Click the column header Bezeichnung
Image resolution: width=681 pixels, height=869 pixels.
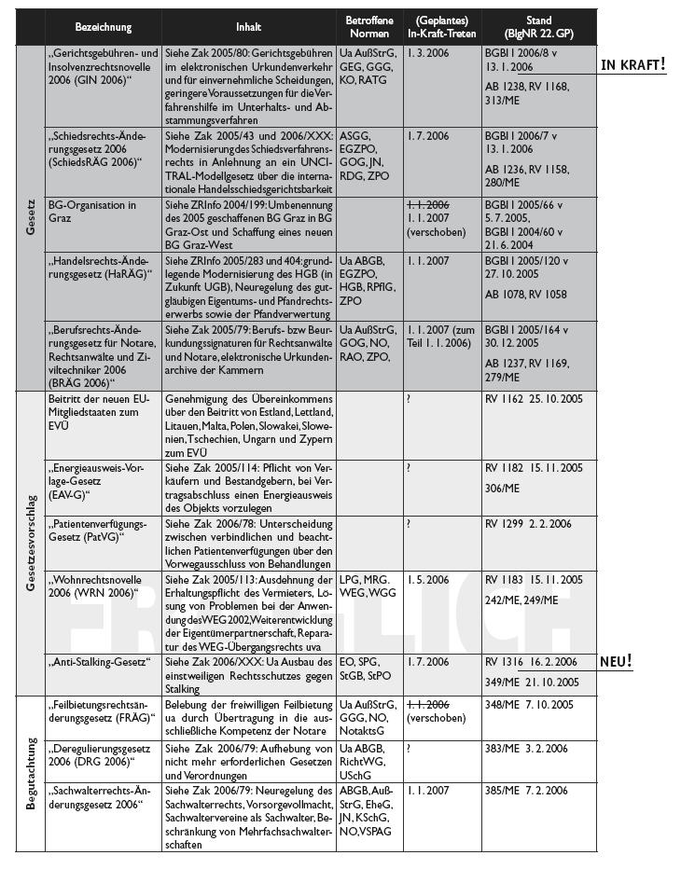pos(104,28)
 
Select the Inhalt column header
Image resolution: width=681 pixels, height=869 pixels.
pos(249,28)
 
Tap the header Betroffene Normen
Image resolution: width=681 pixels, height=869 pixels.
pos(368,27)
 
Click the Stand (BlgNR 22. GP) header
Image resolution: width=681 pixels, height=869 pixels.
pos(538,27)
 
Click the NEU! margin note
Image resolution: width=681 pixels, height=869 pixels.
pos(616,661)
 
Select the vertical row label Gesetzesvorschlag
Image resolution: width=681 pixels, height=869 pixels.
pos(31,544)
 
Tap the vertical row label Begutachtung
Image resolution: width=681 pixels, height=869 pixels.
pos(31,773)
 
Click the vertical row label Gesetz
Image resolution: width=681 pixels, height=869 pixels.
pos(31,218)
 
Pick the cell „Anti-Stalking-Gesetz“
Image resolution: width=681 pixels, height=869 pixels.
pos(98,662)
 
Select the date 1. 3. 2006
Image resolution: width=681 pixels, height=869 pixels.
pos(427,54)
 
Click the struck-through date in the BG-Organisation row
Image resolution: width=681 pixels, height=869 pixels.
pos(427,204)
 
